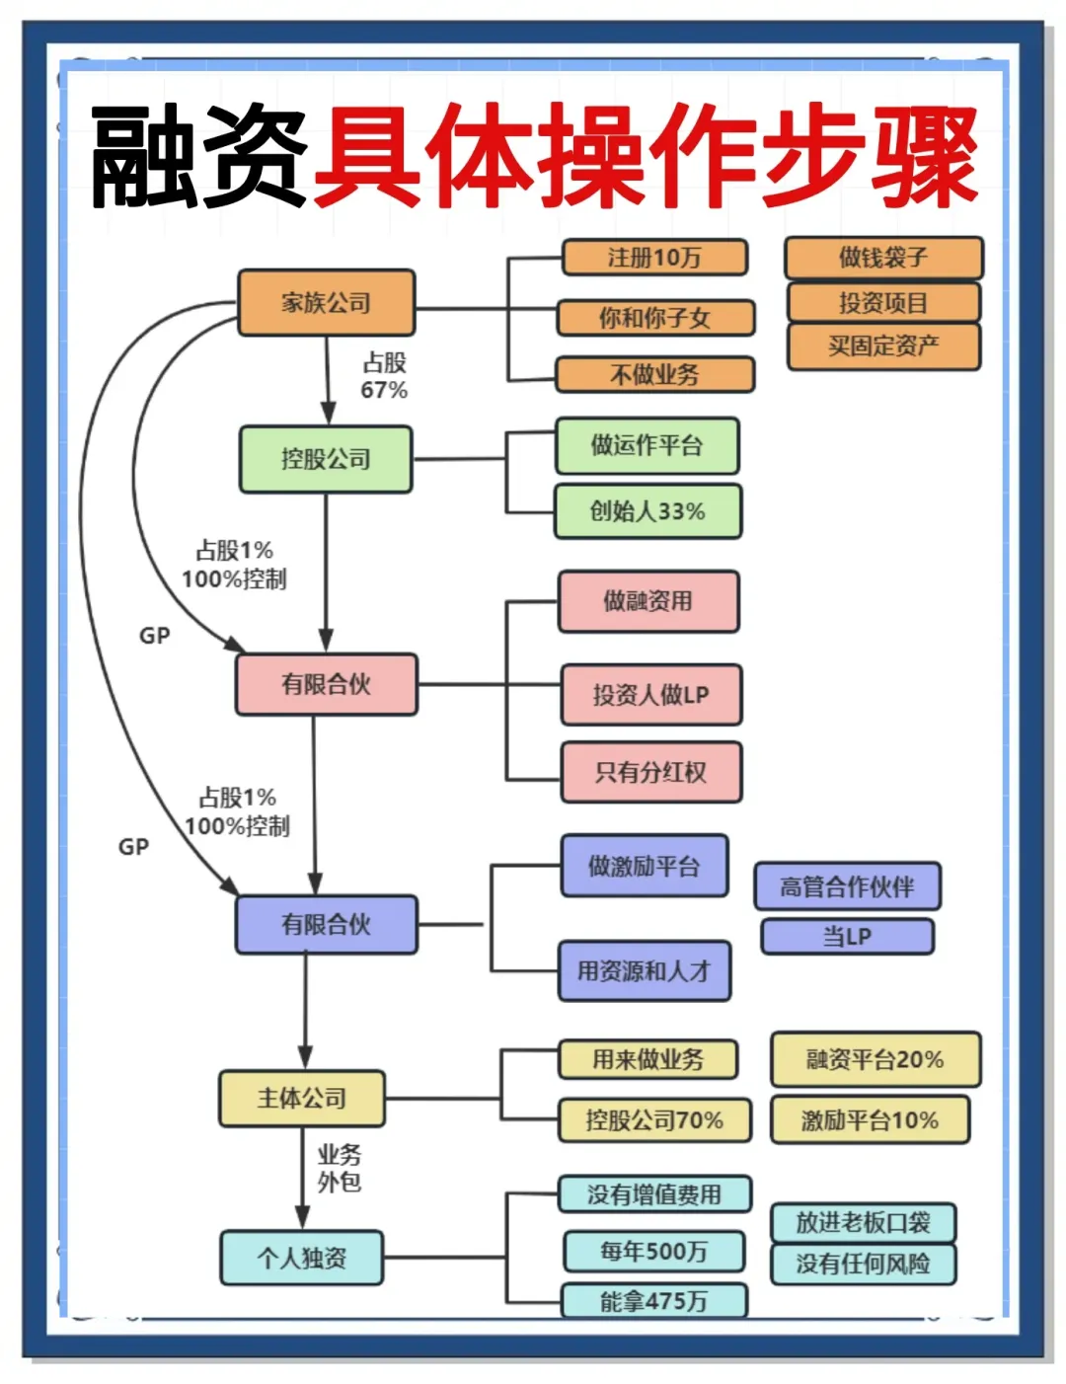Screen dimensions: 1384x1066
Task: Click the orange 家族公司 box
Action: point(326,303)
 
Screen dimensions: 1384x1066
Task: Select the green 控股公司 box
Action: point(326,459)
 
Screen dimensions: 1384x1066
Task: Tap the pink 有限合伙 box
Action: point(326,684)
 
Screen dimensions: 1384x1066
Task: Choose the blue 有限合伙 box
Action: point(326,925)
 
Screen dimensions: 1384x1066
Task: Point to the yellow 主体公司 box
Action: point(302,1099)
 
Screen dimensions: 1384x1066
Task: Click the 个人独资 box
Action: point(302,1258)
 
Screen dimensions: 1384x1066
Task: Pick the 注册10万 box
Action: point(654,258)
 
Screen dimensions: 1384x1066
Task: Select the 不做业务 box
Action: point(654,375)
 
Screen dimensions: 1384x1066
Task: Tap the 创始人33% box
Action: point(647,511)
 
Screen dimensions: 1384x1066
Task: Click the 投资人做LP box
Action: point(650,695)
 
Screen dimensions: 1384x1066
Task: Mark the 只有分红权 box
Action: point(650,772)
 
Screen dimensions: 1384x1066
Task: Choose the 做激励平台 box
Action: point(645,867)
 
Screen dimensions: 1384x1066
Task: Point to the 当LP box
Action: point(847,936)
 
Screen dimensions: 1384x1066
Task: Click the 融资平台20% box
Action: point(876,1060)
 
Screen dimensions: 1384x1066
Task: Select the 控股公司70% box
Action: point(654,1120)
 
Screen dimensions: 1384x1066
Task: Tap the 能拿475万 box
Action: point(653,1301)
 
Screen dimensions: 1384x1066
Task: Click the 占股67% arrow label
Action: point(384,376)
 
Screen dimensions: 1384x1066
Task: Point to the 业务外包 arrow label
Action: point(339,1168)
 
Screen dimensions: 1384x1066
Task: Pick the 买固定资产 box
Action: point(883,346)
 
